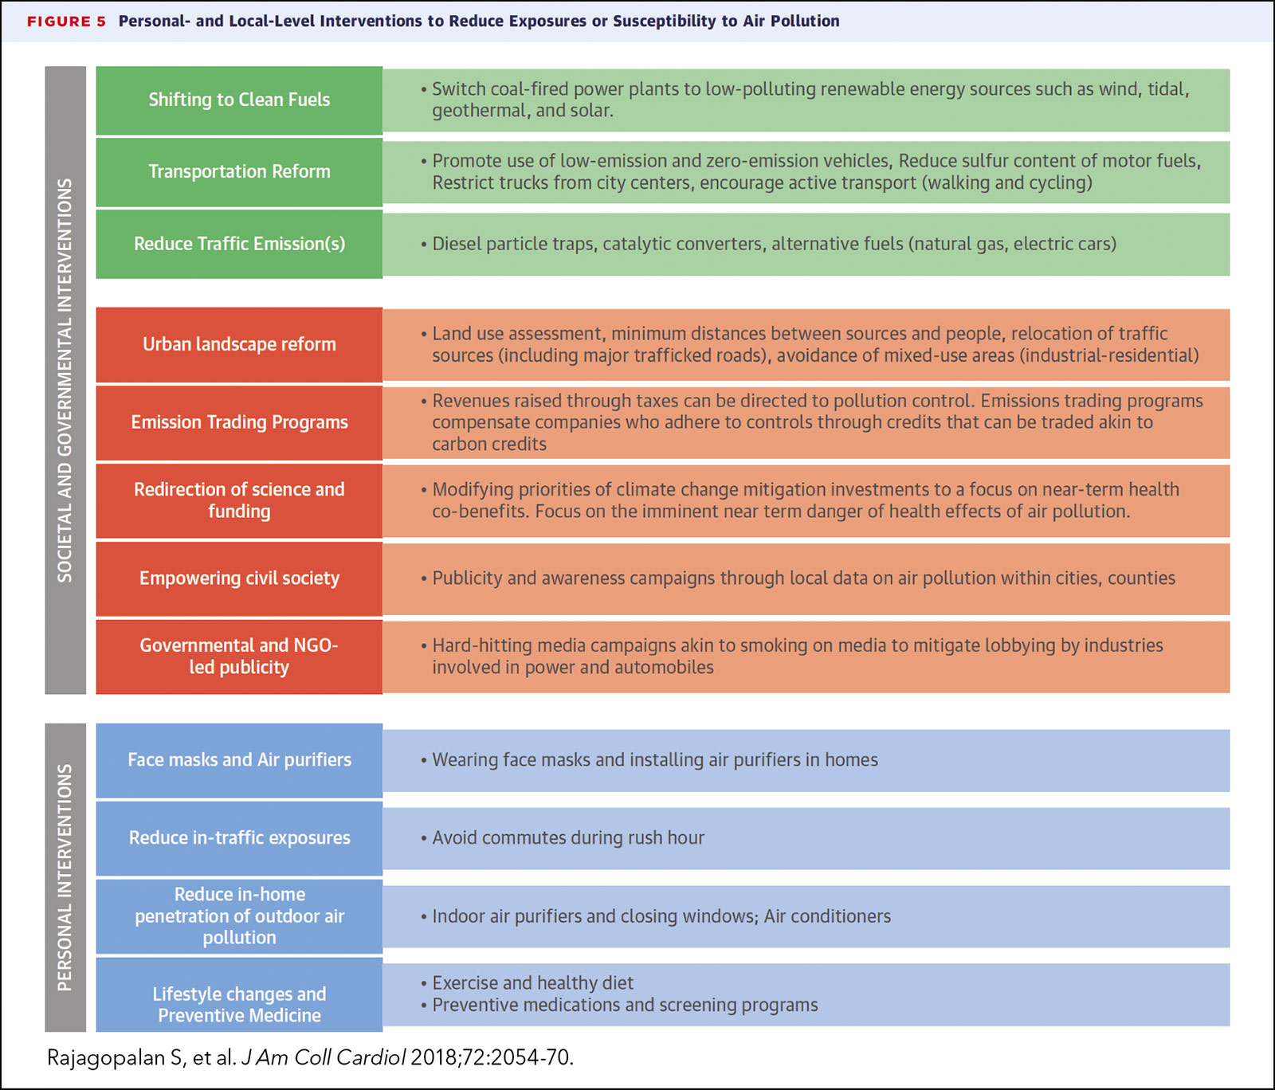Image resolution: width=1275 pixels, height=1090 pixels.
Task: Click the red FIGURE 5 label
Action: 66,22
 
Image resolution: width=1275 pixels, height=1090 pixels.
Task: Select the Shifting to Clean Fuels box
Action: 239,100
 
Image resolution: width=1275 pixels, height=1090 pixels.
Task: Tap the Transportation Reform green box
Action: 239,172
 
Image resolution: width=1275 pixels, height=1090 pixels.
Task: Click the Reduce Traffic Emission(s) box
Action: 239,244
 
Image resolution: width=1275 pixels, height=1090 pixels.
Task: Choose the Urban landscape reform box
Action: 239,344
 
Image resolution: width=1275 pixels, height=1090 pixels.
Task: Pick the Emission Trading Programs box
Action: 239,422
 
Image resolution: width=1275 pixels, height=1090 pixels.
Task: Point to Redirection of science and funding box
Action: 239,500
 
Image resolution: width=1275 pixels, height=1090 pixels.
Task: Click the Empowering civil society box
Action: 239,578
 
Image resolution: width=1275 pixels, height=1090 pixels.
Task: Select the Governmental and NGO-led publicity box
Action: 239,657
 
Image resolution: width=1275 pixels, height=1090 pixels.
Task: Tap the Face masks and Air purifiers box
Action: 239,760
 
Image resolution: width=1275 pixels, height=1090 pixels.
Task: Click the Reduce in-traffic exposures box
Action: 239,838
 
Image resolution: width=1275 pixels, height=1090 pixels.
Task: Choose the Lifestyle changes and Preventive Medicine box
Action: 239,1004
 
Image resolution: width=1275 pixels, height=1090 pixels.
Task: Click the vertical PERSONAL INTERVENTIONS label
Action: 65,877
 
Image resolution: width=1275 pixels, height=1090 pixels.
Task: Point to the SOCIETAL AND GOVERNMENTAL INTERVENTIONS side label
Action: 65,380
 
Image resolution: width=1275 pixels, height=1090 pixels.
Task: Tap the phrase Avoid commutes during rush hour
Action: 568,838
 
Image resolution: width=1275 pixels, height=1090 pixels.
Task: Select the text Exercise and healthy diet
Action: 532,983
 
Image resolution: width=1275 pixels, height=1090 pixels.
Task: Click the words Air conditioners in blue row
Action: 827,916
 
